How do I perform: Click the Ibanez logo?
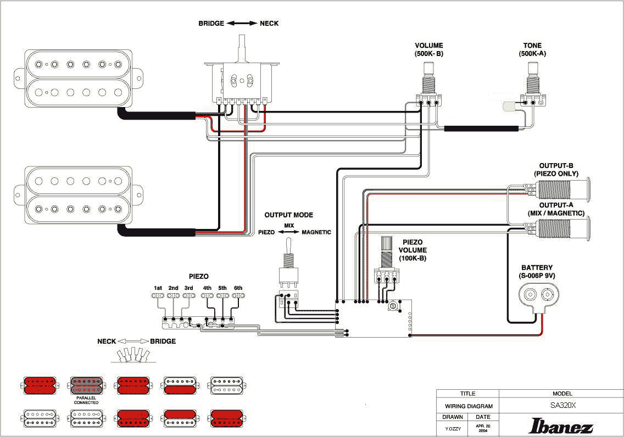561,427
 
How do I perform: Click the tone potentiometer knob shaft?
532,69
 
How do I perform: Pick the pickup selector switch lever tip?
242,40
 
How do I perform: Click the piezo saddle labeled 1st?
158,295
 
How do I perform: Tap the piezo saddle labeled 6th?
238,295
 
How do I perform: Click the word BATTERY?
537,267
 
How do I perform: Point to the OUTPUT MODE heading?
288,215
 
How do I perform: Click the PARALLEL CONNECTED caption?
86,400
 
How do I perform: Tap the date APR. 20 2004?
483,428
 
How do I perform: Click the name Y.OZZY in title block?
452,428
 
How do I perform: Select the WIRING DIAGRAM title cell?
467,406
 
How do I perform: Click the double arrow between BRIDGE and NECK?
242,24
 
